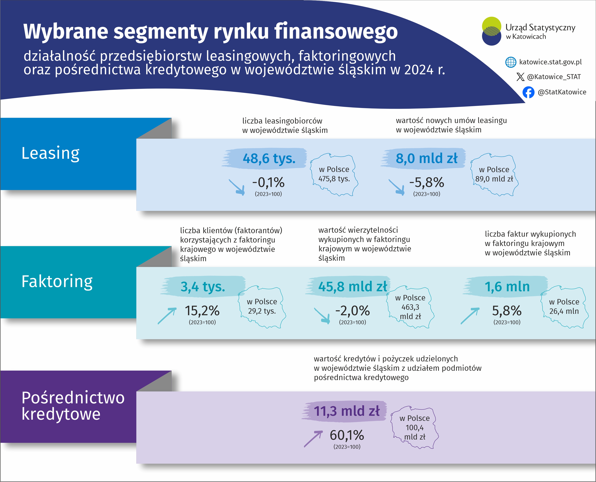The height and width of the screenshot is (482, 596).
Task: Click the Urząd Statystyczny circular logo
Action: (491, 31)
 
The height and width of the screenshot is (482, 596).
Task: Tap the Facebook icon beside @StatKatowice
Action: (528, 92)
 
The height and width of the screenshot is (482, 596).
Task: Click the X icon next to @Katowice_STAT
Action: (520, 77)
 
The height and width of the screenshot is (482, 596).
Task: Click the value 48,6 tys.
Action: (269, 158)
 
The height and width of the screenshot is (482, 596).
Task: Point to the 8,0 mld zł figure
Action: (426, 158)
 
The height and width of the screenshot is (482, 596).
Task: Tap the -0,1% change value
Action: (268, 182)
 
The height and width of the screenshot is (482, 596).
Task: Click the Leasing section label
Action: (51, 153)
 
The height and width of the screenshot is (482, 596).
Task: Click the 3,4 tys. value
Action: (203, 287)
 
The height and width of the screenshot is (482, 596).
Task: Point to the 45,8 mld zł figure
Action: (352, 287)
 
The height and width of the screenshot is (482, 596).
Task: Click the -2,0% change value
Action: (352, 311)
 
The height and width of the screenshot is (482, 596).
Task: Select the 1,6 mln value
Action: (507, 287)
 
